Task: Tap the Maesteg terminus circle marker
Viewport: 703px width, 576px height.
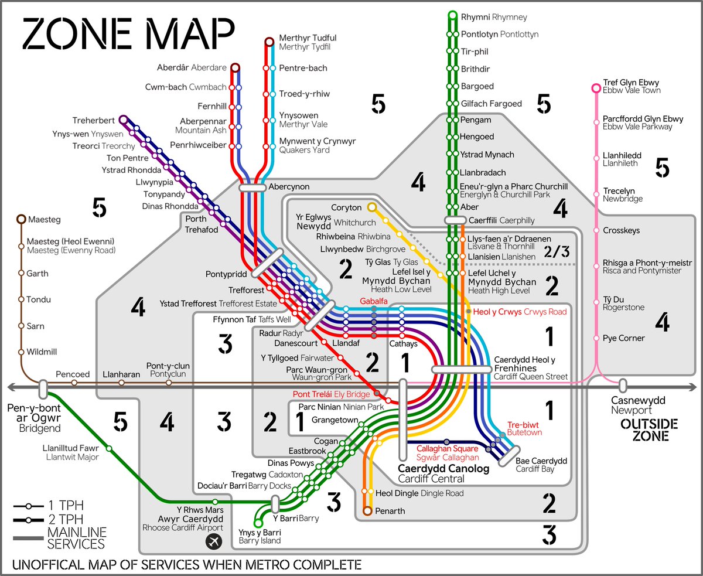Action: click(21, 220)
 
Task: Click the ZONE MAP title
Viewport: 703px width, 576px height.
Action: click(128, 34)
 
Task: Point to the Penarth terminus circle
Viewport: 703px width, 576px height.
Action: click(367, 511)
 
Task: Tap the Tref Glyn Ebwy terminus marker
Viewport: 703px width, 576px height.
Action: click(596, 88)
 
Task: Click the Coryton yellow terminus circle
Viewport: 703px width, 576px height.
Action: click(371, 207)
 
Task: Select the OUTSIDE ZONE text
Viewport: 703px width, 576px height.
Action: click(649, 430)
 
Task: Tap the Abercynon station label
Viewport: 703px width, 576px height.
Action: click(289, 187)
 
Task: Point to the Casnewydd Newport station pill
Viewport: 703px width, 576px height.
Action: click(622, 386)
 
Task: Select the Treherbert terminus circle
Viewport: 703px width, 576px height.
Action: click(123, 120)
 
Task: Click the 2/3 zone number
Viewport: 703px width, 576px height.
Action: click(556, 252)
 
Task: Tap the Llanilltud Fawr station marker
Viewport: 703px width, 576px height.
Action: click(110, 449)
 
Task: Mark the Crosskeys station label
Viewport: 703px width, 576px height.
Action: click(621, 231)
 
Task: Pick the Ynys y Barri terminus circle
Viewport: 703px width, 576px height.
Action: click(257, 523)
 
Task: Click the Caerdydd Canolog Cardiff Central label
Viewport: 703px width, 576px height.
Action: click(443, 473)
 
